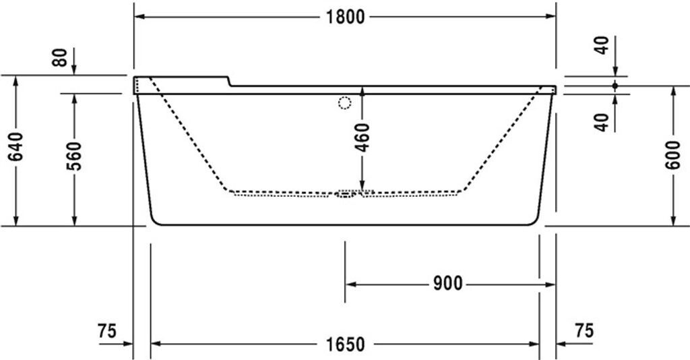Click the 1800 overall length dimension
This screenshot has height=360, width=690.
[345, 17]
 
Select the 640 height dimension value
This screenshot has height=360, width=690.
[17, 146]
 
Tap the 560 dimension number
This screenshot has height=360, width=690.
[74, 156]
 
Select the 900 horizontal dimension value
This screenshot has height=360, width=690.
[447, 284]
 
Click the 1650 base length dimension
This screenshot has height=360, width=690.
[345, 344]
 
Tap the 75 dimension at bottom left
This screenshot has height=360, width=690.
[107, 331]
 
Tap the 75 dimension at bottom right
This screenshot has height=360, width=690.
[584, 331]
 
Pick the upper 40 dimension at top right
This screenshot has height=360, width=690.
[602, 45]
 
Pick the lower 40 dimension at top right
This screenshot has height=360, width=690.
[602, 122]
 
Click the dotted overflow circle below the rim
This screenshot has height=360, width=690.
[344, 103]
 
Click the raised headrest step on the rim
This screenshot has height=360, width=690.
[229, 81]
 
